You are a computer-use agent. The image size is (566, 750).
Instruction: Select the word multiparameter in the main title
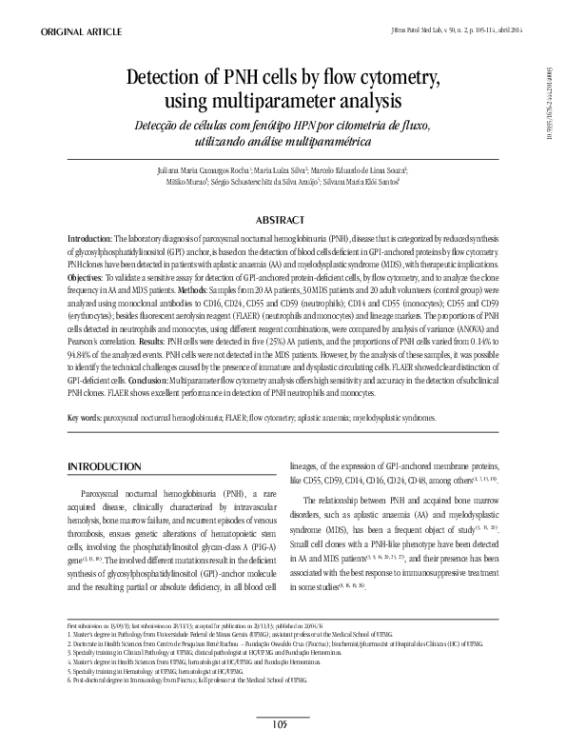click(284, 99)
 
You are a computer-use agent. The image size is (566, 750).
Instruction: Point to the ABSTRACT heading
click(284, 218)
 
